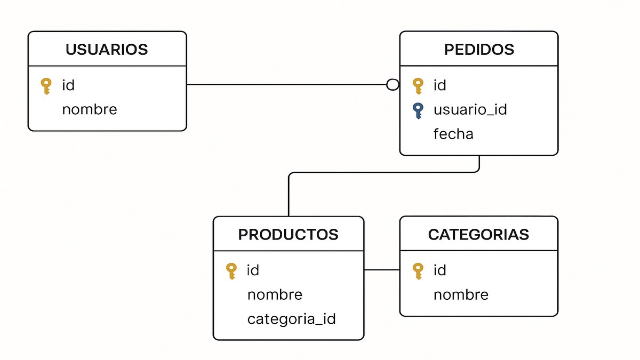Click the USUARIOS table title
tap(107, 50)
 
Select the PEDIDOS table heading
tap(479, 50)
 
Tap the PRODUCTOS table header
tap(288, 235)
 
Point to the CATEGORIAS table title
tap(478, 235)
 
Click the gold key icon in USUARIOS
tap(46, 86)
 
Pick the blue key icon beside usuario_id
tap(418, 110)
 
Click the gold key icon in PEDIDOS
tap(418, 86)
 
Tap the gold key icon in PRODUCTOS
tap(231, 271)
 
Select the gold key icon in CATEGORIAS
tap(418, 271)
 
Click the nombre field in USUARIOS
tap(89, 110)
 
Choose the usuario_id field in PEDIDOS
tap(470, 110)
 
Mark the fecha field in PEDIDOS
tap(453, 134)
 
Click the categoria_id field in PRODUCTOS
tap(291, 319)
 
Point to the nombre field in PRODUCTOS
tap(275, 295)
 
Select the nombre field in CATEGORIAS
tap(461, 295)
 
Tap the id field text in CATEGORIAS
tap(439, 270)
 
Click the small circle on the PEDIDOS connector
tap(393, 85)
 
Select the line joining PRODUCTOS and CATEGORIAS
tap(382, 270)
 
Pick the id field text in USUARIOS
tap(68, 85)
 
